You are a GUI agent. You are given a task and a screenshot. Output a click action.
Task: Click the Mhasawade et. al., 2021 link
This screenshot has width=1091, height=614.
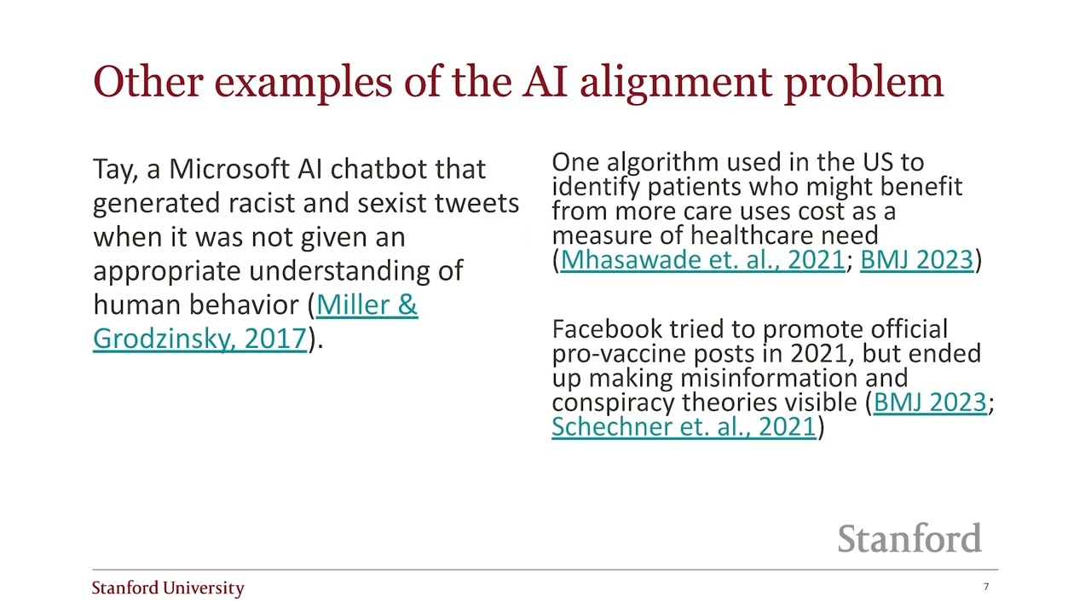[x=702, y=260]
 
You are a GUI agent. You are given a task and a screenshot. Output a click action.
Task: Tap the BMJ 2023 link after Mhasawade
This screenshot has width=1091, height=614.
[x=916, y=260]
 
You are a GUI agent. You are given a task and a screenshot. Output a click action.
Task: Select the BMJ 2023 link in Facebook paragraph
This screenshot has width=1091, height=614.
[x=930, y=403]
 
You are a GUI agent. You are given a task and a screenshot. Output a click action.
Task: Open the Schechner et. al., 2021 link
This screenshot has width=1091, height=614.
[x=684, y=426]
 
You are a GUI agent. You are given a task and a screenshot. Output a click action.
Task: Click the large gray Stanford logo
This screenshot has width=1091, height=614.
[x=909, y=539]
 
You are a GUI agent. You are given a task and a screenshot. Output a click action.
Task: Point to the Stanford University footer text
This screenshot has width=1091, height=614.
[x=168, y=588]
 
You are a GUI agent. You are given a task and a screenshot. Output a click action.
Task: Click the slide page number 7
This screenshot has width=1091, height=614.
[x=986, y=587]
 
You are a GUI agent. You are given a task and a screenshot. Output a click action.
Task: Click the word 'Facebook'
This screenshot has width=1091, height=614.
[x=606, y=329]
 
